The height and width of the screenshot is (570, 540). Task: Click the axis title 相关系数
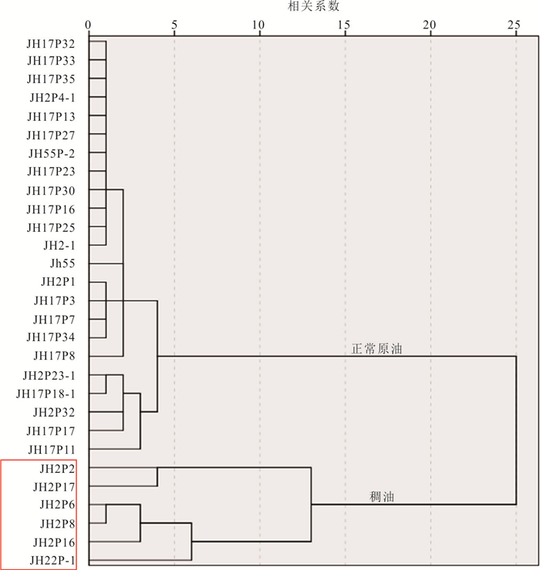(313, 6)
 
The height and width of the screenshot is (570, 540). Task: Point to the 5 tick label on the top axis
(174, 25)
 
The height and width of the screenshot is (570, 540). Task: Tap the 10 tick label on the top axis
(258, 25)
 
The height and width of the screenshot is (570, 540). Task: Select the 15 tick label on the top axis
(344, 25)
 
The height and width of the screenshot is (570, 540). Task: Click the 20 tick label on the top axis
(430, 25)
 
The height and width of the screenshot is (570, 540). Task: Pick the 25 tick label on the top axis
(514, 25)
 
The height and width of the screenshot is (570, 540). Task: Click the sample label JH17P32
(51, 44)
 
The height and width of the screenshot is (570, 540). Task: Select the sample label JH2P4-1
(52, 98)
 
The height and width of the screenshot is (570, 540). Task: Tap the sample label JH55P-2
(52, 154)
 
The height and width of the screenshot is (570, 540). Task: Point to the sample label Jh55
(62, 263)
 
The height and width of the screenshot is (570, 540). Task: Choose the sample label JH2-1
(59, 246)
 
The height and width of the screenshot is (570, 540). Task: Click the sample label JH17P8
(54, 356)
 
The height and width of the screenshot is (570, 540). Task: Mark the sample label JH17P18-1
(46, 394)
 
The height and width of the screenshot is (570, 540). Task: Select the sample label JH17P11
(52, 450)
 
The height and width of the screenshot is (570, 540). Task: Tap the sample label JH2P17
(54, 487)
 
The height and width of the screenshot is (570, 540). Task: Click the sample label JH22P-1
(52, 560)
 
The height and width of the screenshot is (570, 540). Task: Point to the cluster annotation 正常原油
(377, 349)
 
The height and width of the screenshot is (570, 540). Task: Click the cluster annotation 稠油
(382, 497)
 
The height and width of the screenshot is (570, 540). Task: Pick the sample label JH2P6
(58, 505)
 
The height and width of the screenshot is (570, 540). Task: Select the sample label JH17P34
(51, 337)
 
